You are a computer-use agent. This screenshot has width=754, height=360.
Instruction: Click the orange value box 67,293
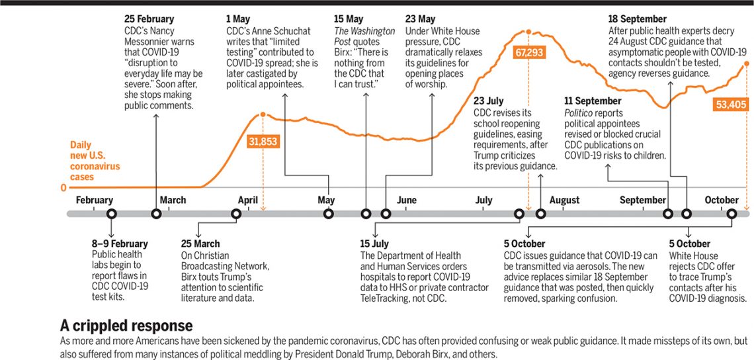(527, 52)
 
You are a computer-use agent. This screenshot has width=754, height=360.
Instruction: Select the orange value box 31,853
(263, 140)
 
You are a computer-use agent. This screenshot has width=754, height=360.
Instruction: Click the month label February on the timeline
(95, 200)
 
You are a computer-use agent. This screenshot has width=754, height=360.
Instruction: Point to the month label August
(564, 200)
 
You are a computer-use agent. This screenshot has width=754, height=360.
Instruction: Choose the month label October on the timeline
(721, 200)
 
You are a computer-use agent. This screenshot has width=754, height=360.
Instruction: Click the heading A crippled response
(126, 326)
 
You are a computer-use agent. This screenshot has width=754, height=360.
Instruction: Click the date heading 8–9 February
(120, 244)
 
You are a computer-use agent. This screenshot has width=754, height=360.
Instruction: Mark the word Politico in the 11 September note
(581, 112)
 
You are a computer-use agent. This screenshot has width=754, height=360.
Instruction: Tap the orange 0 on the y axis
(63, 188)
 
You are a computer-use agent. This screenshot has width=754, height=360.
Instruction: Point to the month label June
(406, 200)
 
